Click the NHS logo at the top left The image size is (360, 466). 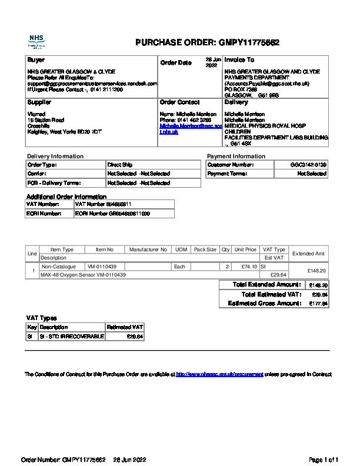(x=36, y=41)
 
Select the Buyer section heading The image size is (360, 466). (x=36, y=60)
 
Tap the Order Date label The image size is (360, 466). (x=176, y=63)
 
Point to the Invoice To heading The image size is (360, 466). (x=239, y=60)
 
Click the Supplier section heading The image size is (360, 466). (x=39, y=102)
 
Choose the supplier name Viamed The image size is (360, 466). (x=36, y=114)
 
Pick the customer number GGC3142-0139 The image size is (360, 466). (x=308, y=165)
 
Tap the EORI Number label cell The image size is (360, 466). (x=45, y=214)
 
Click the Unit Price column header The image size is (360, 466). (x=245, y=249)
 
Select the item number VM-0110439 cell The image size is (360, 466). (x=102, y=267)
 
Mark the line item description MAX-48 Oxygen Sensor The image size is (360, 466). (x=83, y=275)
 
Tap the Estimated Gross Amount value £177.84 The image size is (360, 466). (x=318, y=304)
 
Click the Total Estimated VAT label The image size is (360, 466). (x=271, y=294)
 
